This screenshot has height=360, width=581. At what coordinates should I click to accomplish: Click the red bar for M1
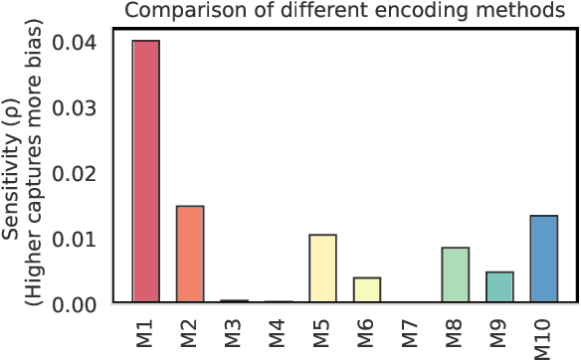click(146, 171)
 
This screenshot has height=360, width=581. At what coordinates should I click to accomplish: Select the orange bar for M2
click(190, 254)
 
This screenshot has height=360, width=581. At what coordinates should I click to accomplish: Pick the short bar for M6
click(367, 289)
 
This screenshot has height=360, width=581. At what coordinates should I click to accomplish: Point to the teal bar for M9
click(499, 286)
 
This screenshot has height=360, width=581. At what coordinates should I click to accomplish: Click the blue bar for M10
click(544, 259)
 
